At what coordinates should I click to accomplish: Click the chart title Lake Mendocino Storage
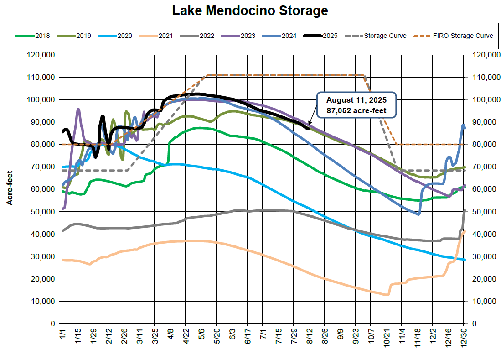click(250, 10)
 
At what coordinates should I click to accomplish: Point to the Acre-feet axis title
click(10, 189)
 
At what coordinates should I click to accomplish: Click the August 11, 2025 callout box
click(357, 106)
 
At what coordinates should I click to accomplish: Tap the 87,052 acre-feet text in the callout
click(357, 110)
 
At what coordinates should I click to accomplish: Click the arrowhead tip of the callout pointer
click(309, 125)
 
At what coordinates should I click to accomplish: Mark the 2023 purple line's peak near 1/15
click(78, 109)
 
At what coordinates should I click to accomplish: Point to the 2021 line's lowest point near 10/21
click(387, 295)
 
